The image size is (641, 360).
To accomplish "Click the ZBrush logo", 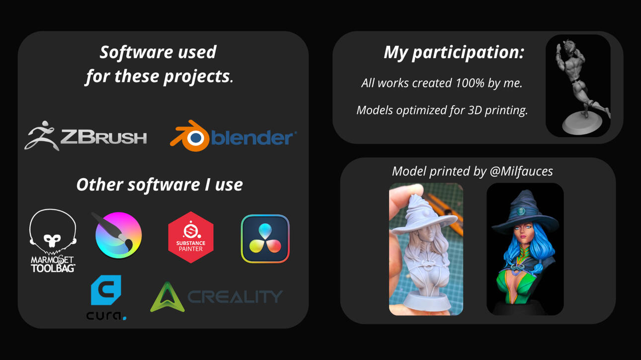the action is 86,136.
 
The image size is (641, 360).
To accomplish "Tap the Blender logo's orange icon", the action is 190,137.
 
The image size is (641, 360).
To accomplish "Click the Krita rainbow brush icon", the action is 117,234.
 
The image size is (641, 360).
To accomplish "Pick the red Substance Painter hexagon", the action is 191,237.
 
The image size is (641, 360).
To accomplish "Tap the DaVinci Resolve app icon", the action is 265,239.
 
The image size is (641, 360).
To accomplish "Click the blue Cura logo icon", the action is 106,290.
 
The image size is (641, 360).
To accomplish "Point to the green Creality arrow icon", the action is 167,297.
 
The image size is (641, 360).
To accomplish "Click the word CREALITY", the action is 235,296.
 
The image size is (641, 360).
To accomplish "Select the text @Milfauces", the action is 521,172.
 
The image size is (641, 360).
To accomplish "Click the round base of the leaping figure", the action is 582,123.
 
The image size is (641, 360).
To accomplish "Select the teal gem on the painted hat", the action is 521,212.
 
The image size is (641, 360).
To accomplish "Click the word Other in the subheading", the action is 100,185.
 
